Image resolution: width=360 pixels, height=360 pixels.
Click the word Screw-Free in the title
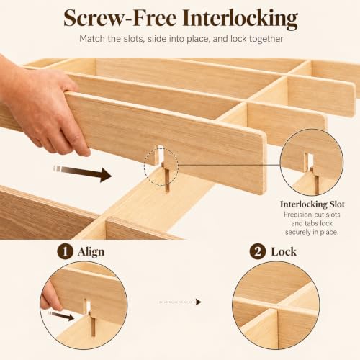tap(120, 19)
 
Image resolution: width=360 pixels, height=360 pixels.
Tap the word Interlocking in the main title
tap(240, 19)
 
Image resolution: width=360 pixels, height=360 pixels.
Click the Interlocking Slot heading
tap(312, 204)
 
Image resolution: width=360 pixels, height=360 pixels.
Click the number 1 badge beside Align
tap(65, 252)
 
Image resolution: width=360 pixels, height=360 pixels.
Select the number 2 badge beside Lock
tap(258, 252)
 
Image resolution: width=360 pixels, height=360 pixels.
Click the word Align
tap(91, 252)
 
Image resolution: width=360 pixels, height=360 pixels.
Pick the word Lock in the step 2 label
tap(284, 252)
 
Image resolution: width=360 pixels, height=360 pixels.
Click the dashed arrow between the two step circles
tap(180, 302)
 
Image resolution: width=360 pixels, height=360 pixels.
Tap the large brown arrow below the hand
tap(82, 172)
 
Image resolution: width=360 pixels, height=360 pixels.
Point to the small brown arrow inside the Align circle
tap(61, 315)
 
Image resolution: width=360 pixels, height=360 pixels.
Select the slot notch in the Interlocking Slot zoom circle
tap(310, 161)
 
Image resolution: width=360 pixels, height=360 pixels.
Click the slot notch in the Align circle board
tap(88, 306)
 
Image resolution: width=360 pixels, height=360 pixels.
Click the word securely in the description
tap(299, 232)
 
